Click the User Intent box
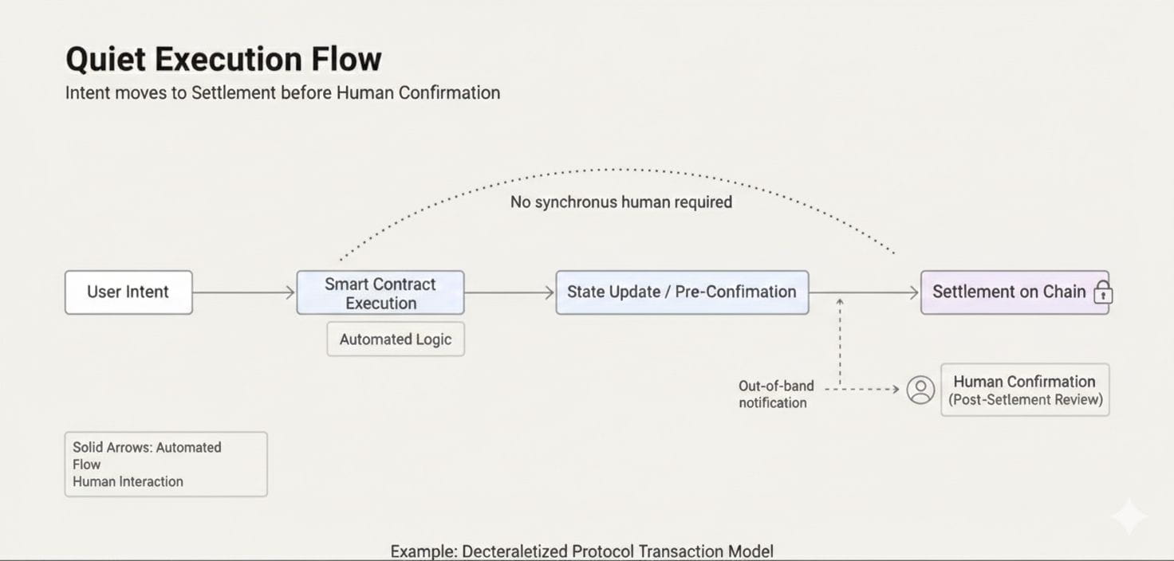128,292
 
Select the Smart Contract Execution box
380,293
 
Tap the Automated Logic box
396,339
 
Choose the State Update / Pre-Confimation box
682,292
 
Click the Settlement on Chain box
1009,292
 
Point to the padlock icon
1103,292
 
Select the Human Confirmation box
1025,390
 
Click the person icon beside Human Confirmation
920,390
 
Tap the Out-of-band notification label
776,394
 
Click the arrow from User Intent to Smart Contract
244,292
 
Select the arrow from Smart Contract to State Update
509,292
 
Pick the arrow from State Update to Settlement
865,292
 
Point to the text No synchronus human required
620,202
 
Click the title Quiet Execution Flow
223,60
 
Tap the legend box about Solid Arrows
166,465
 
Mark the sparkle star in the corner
1129,517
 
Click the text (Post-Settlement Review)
1025,400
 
